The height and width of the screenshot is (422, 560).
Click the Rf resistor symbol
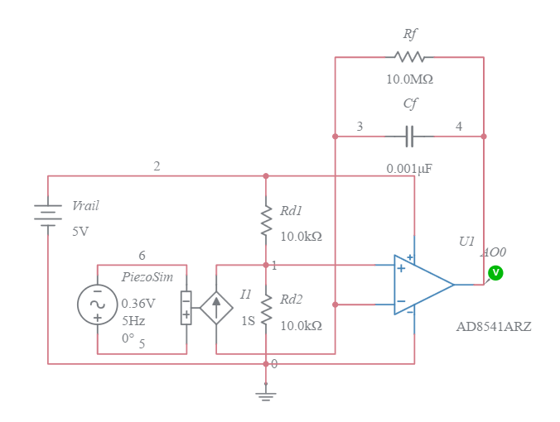(409, 57)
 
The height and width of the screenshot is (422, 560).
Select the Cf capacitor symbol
(409, 136)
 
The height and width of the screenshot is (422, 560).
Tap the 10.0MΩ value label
(409, 80)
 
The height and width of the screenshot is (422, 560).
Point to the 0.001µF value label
(409, 169)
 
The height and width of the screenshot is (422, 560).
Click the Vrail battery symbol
(48, 215)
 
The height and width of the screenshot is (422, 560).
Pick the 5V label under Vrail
(80, 232)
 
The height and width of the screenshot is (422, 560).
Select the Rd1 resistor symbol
(266, 221)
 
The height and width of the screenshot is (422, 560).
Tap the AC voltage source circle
(97, 305)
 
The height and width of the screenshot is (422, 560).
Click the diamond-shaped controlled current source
(216, 308)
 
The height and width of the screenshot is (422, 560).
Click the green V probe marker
(495, 272)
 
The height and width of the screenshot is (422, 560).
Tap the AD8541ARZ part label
(494, 327)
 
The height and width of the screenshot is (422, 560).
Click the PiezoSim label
(147, 277)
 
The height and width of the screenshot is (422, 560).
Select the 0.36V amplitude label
(138, 304)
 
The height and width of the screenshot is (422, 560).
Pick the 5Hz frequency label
(134, 320)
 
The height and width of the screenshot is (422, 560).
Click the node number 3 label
(360, 127)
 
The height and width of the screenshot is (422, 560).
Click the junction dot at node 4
(484, 137)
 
